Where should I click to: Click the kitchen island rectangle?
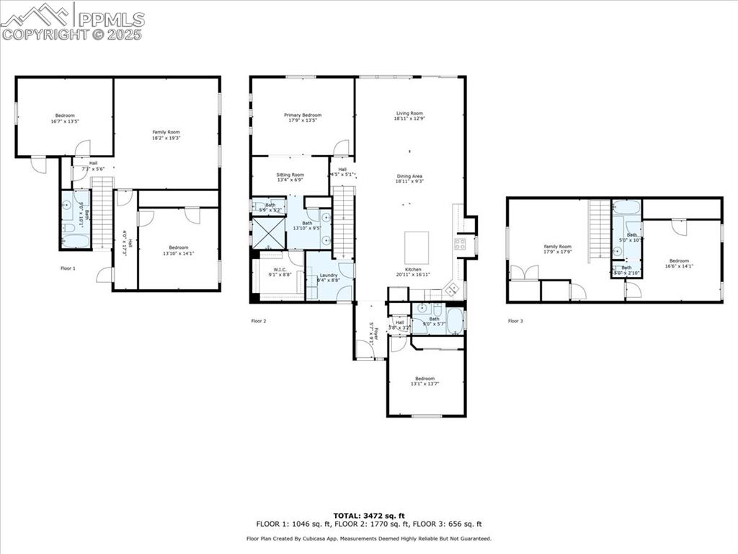pos(417,247)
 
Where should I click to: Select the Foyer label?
pos(373,333)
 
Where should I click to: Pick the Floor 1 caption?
pos(68,268)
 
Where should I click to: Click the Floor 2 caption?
pos(259,320)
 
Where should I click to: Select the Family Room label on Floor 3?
pos(557,249)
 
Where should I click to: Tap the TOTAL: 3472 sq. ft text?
pos(369,516)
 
